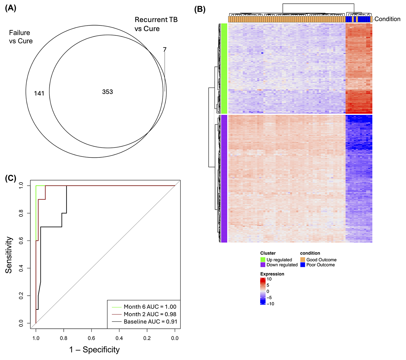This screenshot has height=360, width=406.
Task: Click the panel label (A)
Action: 11,8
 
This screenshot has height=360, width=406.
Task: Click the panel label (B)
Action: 200,9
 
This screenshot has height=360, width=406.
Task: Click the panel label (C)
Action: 11,178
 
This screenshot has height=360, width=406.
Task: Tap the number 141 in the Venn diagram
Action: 39,93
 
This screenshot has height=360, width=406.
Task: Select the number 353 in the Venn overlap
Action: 108,92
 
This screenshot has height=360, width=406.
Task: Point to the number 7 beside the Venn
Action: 165,49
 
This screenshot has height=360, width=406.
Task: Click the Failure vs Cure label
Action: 21,37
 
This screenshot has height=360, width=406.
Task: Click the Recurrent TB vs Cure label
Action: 156,24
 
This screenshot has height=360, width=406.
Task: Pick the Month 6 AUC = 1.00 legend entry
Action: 150,307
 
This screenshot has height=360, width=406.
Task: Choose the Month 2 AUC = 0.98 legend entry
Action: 150,314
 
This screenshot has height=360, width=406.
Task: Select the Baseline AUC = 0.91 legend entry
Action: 150,322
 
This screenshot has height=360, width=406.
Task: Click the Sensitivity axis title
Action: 9,255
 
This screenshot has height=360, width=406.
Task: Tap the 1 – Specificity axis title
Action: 94,350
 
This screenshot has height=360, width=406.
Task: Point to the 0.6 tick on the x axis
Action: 91,338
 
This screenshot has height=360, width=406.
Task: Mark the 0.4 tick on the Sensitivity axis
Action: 21,268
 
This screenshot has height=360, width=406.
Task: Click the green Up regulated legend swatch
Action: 263,260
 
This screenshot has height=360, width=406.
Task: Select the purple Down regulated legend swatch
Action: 263,265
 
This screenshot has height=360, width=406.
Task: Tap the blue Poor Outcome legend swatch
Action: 303,265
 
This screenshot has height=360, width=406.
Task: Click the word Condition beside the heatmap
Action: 387,19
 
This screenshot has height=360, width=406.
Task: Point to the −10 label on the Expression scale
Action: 270,304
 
